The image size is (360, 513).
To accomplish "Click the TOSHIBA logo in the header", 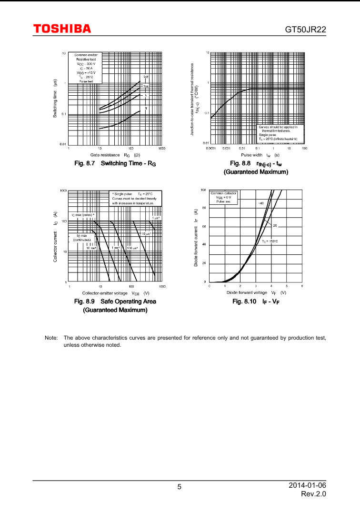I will [62, 29].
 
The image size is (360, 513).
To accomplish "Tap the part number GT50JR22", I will [305, 29].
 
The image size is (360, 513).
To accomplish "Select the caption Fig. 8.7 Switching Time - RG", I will [115, 163].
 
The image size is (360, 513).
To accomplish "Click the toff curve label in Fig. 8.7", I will [146, 77].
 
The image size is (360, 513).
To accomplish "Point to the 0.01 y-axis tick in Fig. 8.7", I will [63, 144].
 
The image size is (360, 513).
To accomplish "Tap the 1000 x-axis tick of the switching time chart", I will [161, 149].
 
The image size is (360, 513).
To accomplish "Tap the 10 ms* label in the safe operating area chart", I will [91, 248].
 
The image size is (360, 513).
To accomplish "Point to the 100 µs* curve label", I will [132, 248].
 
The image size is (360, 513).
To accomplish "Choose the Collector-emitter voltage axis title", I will [116, 293].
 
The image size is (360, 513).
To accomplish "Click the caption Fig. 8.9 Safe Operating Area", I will [115, 302].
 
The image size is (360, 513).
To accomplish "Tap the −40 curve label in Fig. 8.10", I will [261, 203].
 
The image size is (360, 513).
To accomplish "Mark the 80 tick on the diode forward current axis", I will [204, 208].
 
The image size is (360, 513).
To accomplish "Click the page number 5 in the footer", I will [180, 487].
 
